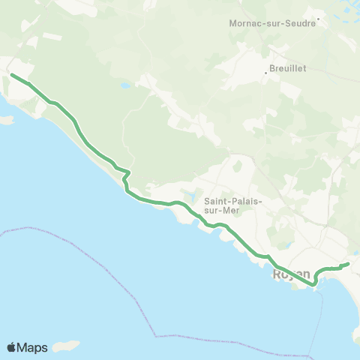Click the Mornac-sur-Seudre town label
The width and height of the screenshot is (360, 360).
click(272, 22)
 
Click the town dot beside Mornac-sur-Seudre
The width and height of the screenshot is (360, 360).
click(318, 19)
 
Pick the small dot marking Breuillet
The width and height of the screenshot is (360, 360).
click(268, 73)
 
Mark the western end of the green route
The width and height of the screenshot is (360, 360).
click(10, 74)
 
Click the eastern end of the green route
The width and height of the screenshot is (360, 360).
click(349, 264)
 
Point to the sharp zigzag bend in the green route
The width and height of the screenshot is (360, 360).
click(127, 175)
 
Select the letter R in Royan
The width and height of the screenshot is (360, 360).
click(279, 275)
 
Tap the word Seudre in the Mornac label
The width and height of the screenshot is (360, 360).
click(300, 22)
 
